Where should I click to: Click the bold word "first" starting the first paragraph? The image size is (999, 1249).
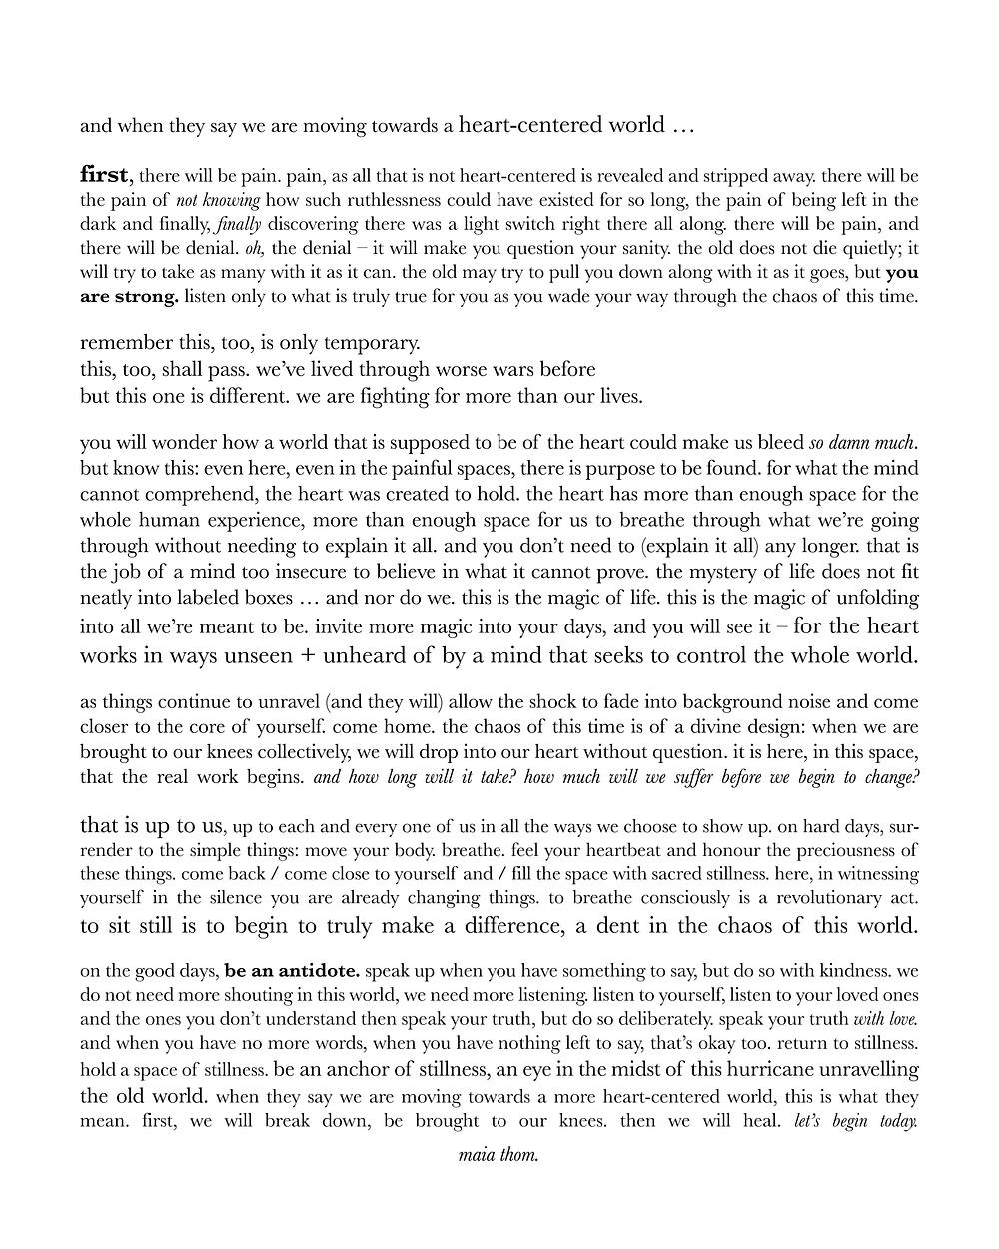[103, 175]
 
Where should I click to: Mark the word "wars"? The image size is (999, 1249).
[505, 369]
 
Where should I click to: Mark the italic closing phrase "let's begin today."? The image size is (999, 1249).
[856, 1120]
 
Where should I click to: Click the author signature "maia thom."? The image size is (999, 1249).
[499, 1156]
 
